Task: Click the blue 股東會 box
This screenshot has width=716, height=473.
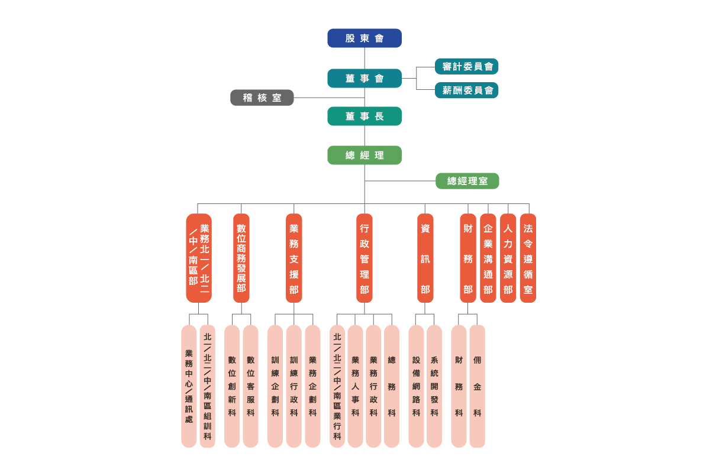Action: (x=365, y=38)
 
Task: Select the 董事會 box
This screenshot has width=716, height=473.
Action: (x=365, y=78)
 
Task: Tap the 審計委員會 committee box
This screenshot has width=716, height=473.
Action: (x=467, y=67)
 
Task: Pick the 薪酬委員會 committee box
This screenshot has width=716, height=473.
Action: (x=467, y=90)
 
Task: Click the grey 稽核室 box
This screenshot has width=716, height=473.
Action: (x=262, y=98)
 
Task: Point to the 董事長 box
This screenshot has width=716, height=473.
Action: (x=365, y=116)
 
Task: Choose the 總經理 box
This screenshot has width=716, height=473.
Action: (x=365, y=155)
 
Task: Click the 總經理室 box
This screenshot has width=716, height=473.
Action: (x=467, y=181)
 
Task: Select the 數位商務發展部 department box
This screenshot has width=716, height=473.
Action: (x=241, y=258)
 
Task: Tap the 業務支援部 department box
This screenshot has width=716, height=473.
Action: (x=294, y=258)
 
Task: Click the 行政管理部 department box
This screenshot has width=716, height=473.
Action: (x=365, y=258)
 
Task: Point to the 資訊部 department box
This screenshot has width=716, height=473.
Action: (x=425, y=258)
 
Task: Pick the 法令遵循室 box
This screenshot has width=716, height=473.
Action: (x=528, y=258)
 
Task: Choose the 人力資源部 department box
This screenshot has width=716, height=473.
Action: (x=508, y=258)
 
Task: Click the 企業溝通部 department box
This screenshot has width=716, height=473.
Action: (x=488, y=258)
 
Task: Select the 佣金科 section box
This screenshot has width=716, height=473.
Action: (x=477, y=385)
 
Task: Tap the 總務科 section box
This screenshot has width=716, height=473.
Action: (x=392, y=385)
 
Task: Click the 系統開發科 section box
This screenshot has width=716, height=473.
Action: (x=434, y=385)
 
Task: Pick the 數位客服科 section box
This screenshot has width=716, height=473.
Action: (x=251, y=385)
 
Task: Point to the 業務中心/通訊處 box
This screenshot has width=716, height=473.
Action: (x=189, y=385)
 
